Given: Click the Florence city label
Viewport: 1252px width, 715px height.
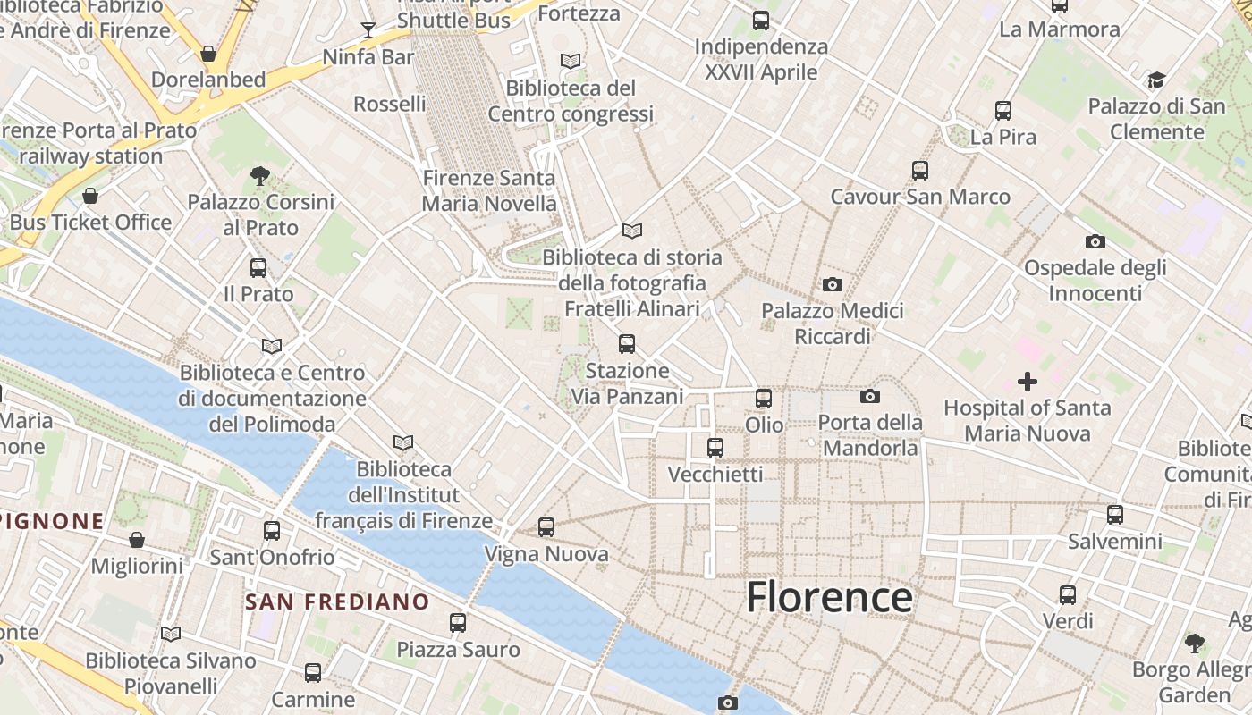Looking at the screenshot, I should [829, 597].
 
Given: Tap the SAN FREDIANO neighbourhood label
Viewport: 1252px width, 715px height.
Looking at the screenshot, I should [337, 601].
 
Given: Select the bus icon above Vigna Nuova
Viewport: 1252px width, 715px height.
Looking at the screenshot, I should [546, 527].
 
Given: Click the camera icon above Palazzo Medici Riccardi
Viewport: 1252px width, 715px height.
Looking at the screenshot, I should [833, 284].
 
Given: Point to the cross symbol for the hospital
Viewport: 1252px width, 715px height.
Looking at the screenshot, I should [1028, 382].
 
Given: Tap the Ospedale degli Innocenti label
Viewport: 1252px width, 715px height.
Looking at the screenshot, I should [1095, 281].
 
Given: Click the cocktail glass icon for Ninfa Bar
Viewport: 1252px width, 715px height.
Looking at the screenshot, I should [368, 30].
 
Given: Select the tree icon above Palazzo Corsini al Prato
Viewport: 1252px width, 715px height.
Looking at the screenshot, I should [260, 175].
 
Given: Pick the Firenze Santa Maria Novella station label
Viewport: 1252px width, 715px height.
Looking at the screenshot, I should [489, 190].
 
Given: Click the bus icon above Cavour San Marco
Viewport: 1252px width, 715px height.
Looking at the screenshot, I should [920, 170].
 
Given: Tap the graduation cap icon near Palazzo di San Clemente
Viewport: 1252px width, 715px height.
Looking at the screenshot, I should [1156, 80].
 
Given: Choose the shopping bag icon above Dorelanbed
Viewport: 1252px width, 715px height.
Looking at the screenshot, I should [208, 54].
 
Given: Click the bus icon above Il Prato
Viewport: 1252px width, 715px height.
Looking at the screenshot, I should [258, 267].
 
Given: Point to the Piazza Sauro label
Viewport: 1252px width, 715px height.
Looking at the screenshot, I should [458, 649].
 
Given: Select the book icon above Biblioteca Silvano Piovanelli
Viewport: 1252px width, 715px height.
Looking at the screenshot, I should [171, 634].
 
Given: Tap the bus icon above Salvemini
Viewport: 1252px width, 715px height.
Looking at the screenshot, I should [1115, 515].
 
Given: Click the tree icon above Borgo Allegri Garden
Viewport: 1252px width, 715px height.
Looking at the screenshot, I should [1194, 643].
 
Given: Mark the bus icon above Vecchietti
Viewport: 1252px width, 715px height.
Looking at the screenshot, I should [715, 448].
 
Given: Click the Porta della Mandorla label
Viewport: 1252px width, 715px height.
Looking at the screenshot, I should [870, 434].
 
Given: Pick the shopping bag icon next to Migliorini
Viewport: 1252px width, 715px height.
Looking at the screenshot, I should [137, 540].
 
